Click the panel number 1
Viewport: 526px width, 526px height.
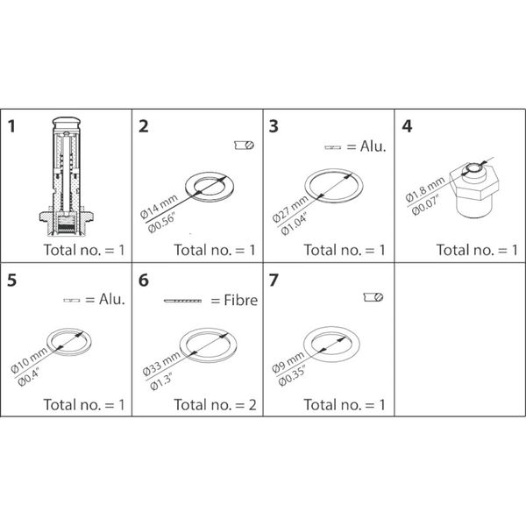pos(13,126)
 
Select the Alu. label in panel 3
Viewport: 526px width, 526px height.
pos(372,146)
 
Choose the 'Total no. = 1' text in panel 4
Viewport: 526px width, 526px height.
pos(477,250)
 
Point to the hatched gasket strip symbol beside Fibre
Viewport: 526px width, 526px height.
pos(182,302)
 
